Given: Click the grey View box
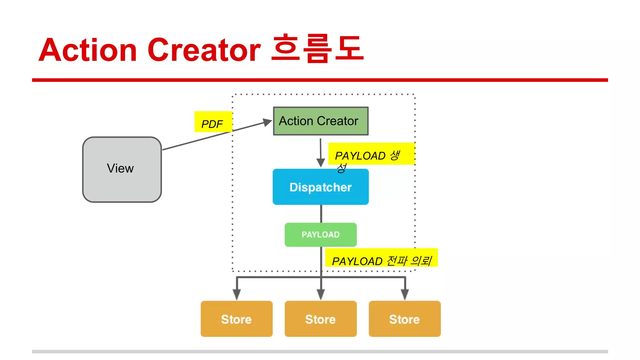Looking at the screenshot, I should click(x=122, y=169).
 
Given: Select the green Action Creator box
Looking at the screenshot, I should click(x=321, y=121).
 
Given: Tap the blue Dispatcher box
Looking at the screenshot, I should click(x=321, y=187).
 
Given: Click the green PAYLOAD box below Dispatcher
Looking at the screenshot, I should click(x=321, y=234).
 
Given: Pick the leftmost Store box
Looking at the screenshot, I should click(x=237, y=319).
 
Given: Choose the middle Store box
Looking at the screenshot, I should click(x=321, y=319).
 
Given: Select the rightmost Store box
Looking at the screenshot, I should click(x=405, y=319).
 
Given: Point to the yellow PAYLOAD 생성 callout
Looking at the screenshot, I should click(x=371, y=154).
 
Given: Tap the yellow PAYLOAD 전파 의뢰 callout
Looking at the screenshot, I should click(x=381, y=258).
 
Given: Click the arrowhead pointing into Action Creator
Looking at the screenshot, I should click(x=267, y=122).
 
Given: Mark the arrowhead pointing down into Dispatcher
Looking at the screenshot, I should click(x=321, y=162).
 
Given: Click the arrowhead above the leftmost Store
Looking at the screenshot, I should click(x=237, y=294).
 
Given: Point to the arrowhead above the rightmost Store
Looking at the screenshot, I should click(x=405, y=294).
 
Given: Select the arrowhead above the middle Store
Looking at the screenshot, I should click(x=321, y=294).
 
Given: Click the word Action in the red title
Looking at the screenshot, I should click(x=88, y=50).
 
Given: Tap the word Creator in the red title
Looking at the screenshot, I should click(x=204, y=50).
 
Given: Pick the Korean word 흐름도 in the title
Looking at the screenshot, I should click(x=317, y=49).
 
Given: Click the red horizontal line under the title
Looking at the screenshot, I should click(x=320, y=80).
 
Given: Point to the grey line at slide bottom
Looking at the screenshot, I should click(x=320, y=352).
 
